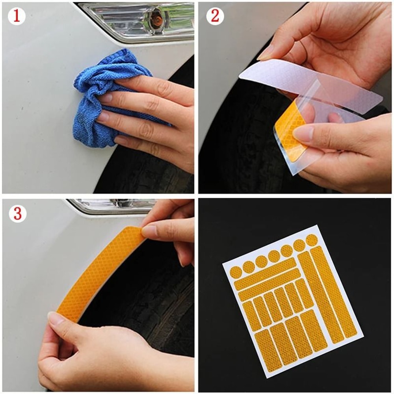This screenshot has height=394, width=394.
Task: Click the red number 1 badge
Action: (x=16, y=16)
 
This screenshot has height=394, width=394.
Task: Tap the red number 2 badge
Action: (x=215, y=16)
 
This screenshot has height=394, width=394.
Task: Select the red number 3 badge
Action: (x=17, y=213)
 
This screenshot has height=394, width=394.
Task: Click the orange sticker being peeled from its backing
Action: (x=290, y=130)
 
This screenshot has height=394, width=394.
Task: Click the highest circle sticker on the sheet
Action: (x=311, y=240)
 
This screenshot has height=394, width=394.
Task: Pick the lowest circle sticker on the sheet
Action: (x=236, y=272)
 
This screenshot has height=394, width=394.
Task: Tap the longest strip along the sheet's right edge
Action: (x=333, y=292)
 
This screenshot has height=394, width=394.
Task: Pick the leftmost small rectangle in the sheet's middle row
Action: (x=251, y=315)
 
